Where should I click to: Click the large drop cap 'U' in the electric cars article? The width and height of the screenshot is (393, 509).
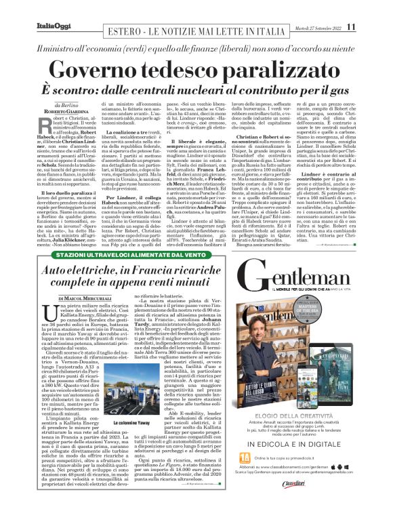point(46,312)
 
